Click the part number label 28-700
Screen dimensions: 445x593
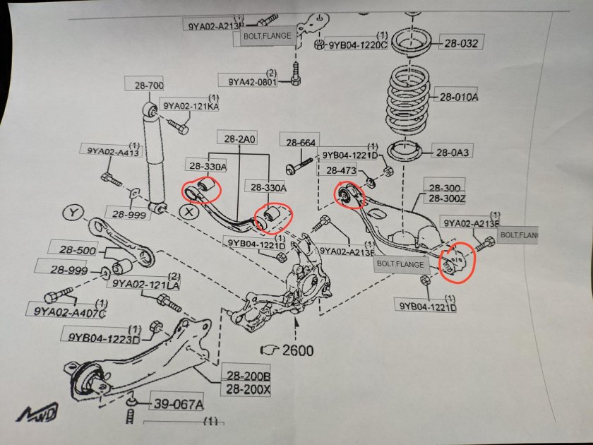tap(147, 85)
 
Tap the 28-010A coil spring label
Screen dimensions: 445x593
tap(458, 97)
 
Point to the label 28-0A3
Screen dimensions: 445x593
tap(455, 152)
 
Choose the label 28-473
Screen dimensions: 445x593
tap(342, 170)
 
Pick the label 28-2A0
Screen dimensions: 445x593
tap(240, 138)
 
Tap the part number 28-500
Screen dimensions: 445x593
tap(69, 250)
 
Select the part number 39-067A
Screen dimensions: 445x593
tap(176, 404)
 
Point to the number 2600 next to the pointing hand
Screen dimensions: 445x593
tap(297, 349)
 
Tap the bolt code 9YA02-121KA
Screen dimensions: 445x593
tap(191, 106)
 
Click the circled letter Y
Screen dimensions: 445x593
tap(73, 212)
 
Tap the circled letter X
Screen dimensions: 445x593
tap(188, 210)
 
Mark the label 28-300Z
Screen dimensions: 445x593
tap(443, 199)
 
